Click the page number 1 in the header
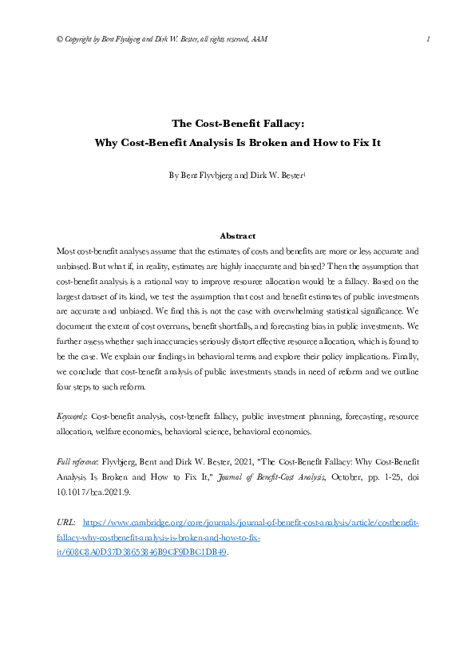[429, 39]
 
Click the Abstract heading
[237, 236]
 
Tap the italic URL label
[67, 523]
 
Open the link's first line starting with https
[251, 523]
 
